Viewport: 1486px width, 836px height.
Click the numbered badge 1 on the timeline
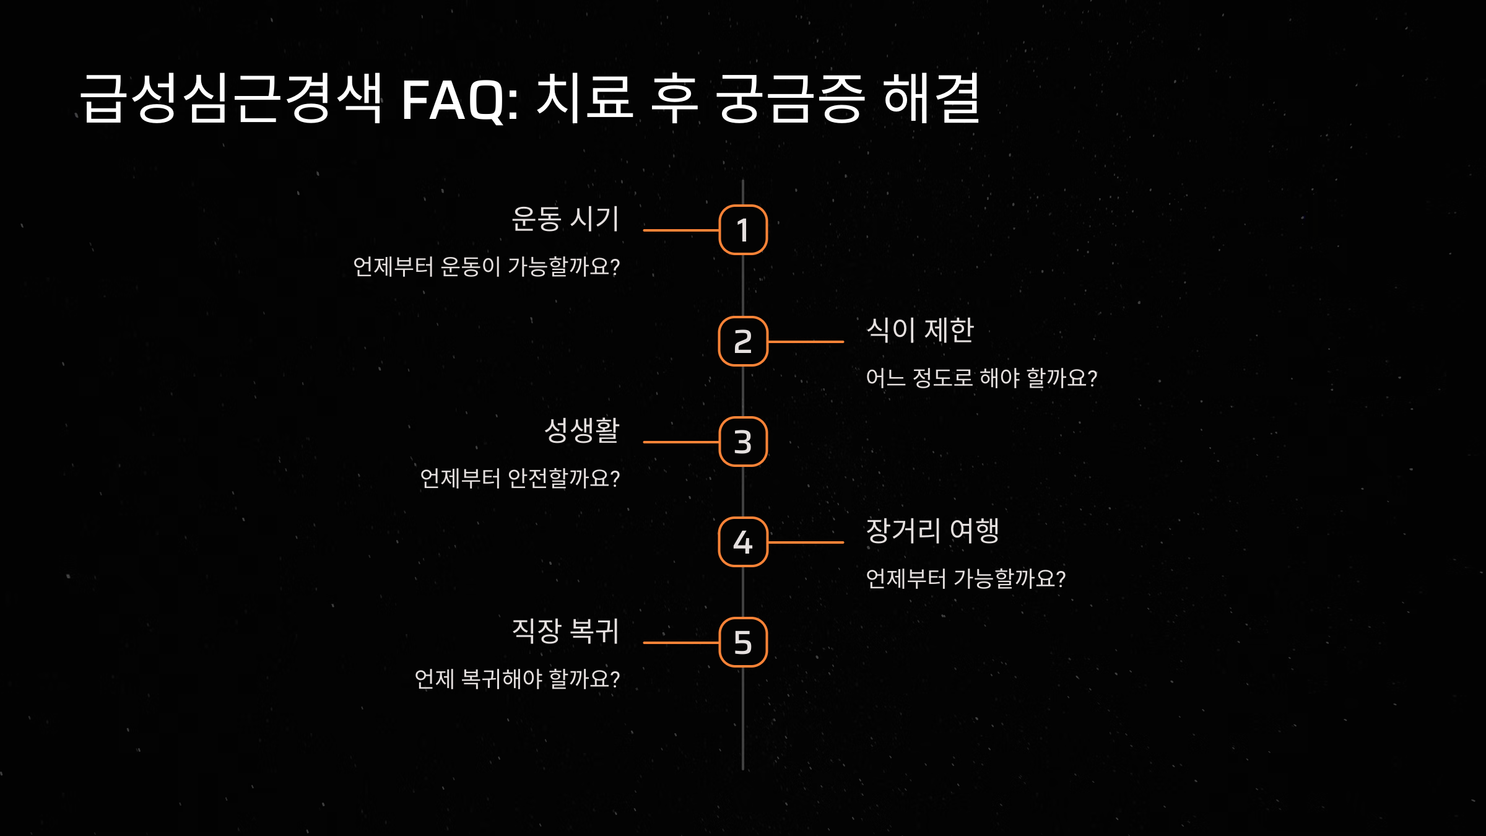[x=743, y=230]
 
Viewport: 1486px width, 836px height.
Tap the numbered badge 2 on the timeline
[x=743, y=341]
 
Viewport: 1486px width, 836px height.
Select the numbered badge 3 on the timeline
[x=743, y=442]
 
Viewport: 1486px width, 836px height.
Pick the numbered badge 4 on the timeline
[x=743, y=542]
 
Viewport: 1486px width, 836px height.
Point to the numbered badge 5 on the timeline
[x=743, y=642]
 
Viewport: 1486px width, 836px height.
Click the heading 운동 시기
[x=565, y=219]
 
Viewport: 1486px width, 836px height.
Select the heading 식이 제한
[x=919, y=330]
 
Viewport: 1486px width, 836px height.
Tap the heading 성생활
[x=581, y=430]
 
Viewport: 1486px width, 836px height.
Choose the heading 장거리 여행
[x=932, y=531]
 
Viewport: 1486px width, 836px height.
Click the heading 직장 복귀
[x=565, y=631]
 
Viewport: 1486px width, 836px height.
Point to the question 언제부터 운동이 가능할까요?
[x=486, y=267]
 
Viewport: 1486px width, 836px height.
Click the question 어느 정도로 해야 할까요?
[x=981, y=378]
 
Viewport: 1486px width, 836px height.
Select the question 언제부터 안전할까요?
[x=519, y=479]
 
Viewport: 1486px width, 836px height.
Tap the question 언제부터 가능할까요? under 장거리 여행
[x=965, y=579]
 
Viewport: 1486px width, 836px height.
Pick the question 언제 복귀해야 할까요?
[x=517, y=679]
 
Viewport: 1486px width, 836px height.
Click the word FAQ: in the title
[x=460, y=99]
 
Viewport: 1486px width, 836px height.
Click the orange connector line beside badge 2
[x=806, y=341]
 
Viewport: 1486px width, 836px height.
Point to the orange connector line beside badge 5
[x=681, y=642]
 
